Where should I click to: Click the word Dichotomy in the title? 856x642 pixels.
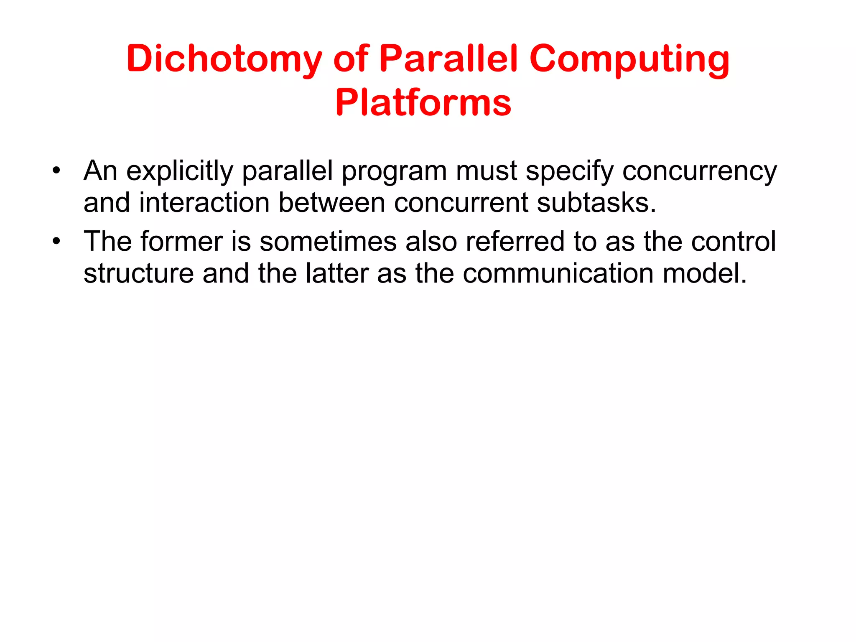coord(224,59)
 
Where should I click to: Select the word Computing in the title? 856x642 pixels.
coord(629,59)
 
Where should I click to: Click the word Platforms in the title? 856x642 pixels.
coord(423,103)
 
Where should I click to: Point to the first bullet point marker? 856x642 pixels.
coord(56,171)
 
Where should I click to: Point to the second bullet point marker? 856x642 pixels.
coord(56,242)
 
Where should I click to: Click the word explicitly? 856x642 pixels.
coord(179,171)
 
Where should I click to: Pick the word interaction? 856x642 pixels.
coord(204,203)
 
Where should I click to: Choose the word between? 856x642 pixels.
coord(331,203)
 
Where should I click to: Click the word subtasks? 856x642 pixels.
coord(596,203)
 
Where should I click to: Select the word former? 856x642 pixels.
coord(181,242)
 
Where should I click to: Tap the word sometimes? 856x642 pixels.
coord(328,242)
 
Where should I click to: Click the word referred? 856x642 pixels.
coord(515,242)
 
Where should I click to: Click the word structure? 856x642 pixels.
coord(138,274)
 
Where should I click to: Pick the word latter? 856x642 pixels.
coord(337,274)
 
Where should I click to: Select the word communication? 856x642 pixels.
coord(558,274)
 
